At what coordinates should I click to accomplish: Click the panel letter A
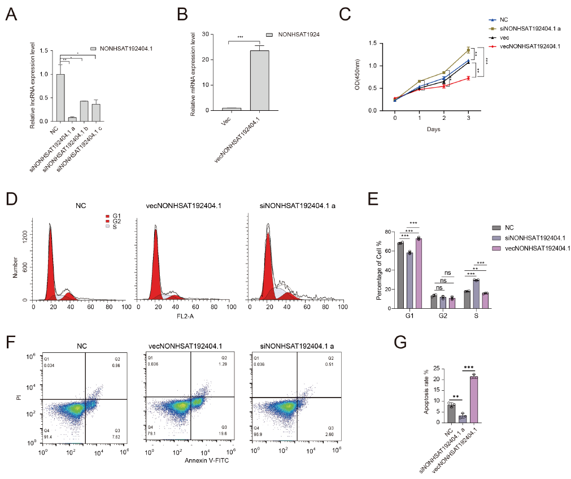coord(11,15)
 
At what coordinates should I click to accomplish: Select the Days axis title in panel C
coord(433,130)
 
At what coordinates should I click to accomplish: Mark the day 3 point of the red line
coord(468,78)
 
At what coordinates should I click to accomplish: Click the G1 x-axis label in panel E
coord(409,316)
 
